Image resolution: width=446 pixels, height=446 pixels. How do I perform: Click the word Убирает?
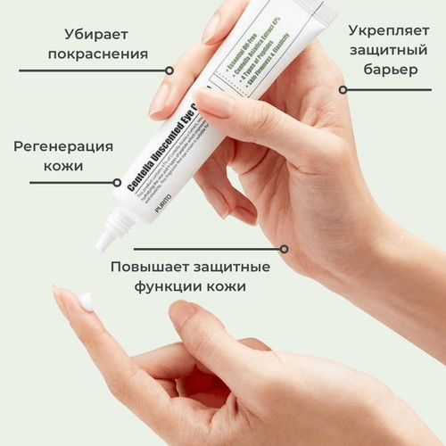click(x=96, y=35)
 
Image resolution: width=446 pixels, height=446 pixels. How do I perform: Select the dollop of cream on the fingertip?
click(x=87, y=301)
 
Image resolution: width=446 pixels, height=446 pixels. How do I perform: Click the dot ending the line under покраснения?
click(x=169, y=70)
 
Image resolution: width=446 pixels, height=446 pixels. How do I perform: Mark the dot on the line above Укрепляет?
click(x=342, y=89)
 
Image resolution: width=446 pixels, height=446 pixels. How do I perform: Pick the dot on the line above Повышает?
click(x=285, y=249)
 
